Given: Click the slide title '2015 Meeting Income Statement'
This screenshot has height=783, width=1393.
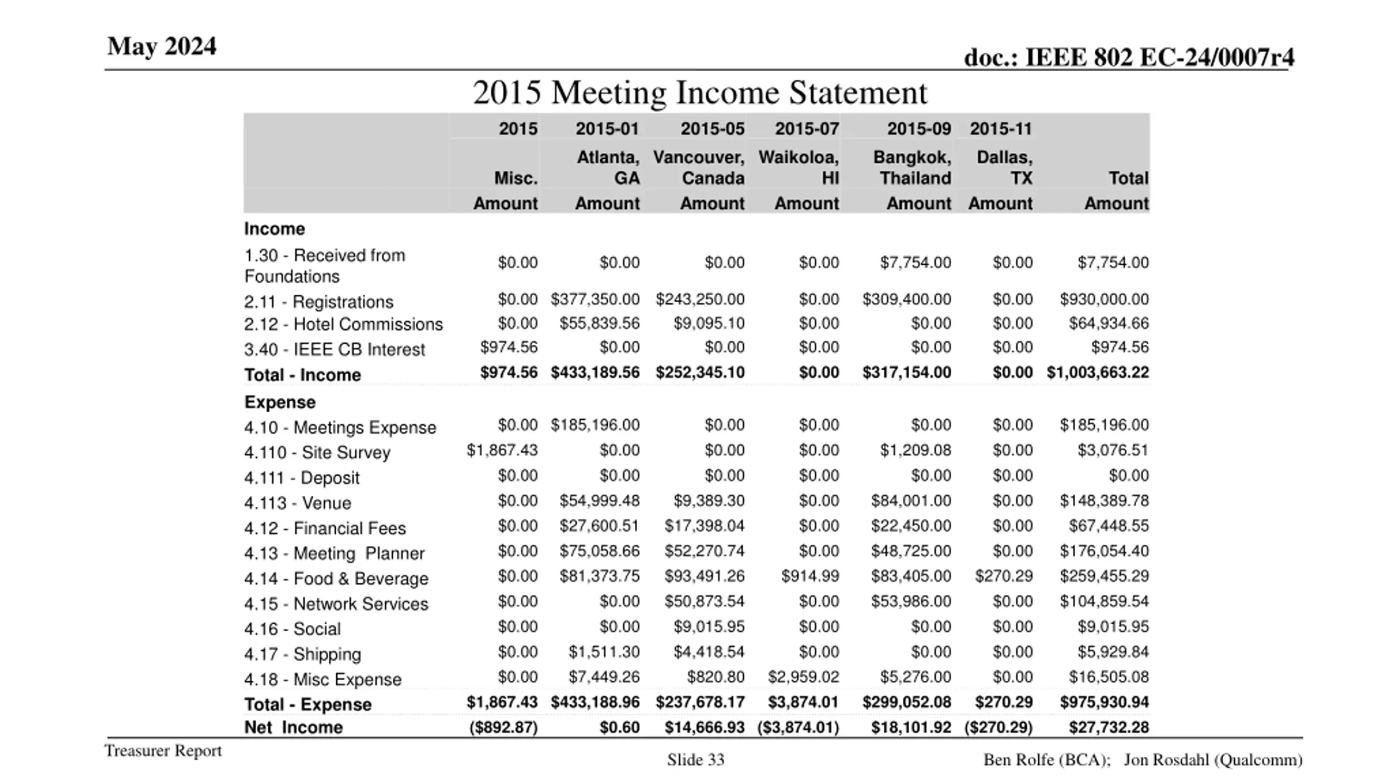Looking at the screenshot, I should pyautogui.click(x=700, y=92).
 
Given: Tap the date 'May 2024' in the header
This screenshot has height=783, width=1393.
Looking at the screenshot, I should pyautogui.click(x=162, y=46).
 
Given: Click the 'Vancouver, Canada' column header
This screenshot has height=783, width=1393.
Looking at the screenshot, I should pyautogui.click(x=699, y=167).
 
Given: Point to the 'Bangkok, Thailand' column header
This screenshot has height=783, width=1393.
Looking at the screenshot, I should pyautogui.click(x=913, y=167).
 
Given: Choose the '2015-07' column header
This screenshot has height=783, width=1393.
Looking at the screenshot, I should pyautogui.click(x=806, y=129).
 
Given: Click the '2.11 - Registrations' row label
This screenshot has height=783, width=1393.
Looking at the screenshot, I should pyautogui.click(x=318, y=302).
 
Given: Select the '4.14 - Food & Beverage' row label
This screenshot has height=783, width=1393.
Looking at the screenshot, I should pyautogui.click(x=336, y=579).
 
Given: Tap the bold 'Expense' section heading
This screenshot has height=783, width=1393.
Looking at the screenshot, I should pyautogui.click(x=280, y=402).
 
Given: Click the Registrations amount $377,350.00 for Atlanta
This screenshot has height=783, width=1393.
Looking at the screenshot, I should pyautogui.click(x=595, y=300).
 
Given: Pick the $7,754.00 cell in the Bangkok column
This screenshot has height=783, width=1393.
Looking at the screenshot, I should pyautogui.click(x=915, y=263).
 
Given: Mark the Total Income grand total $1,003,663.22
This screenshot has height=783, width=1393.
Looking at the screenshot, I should pyautogui.click(x=1098, y=372).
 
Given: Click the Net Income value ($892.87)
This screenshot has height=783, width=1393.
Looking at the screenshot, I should pyautogui.click(x=503, y=728).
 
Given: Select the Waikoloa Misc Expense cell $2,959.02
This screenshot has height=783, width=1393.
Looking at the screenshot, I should pyautogui.click(x=803, y=677).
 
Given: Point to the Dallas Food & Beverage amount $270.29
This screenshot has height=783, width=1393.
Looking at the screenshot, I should pyautogui.click(x=1003, y=576).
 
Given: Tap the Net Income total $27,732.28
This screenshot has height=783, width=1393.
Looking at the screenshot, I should pyautogui.click(x=1108, y=728).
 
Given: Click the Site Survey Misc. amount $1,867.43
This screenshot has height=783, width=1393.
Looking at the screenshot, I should pyautogui.click(x=502, y=450).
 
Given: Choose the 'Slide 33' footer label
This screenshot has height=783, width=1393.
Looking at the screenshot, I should pyautogui.click(x=696, y=760).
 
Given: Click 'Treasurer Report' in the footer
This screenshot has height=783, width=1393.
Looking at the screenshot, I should pyautogui.click(x=163, y=751).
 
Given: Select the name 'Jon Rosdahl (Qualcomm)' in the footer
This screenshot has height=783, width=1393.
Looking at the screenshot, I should pyautogui.click(x=1213, y=760).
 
